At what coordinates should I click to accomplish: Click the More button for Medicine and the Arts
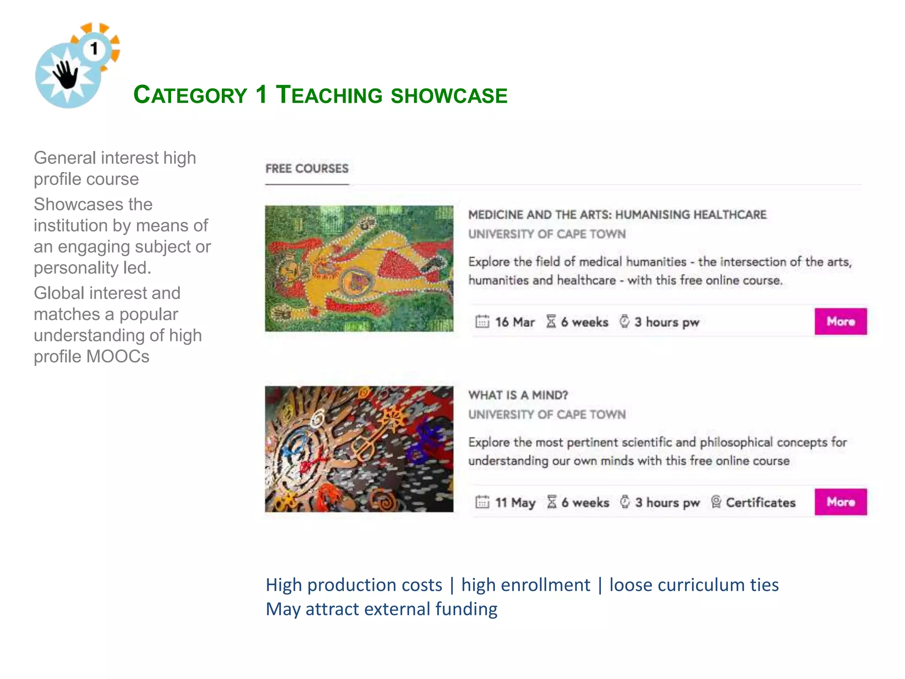pos(840,321)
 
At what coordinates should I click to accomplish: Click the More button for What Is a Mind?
pos(840,502)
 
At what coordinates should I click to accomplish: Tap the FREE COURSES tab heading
pos(307,168)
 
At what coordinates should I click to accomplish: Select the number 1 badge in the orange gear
pos(94,49)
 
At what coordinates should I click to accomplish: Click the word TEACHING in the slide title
pos(329,95)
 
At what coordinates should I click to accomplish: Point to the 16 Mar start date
pos(514,322)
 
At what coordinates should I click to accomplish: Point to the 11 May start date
pos(515,503)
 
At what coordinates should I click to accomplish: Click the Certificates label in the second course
pos(760,503)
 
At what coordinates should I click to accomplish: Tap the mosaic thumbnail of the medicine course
pos(359,268)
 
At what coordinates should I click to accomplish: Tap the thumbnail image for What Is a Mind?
pos(359,449)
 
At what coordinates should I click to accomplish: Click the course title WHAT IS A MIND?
pos(518,395)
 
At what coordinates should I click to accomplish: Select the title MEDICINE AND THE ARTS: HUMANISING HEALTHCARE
pos(617,215)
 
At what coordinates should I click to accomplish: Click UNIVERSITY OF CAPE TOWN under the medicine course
pos(547,234)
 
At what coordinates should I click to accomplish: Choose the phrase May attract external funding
pos(381,609)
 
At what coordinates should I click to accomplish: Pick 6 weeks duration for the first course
pos(584,322)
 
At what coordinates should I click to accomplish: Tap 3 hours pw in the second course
pos(667,503)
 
